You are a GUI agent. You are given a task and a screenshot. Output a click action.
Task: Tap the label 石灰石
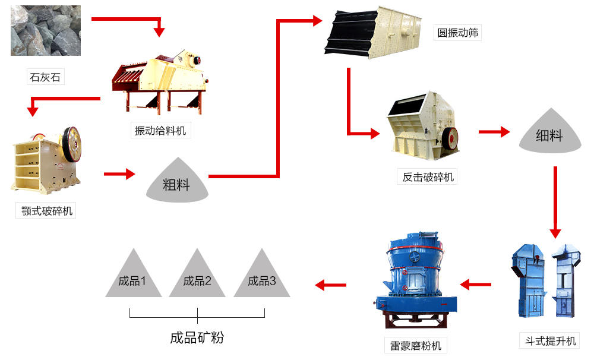[x=45, y=77]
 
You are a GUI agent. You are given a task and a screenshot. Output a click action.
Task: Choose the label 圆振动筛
[x=458, y=33]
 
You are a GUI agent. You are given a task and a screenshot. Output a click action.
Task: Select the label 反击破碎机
[x=428, y=176]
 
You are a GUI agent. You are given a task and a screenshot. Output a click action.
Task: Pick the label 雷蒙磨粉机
[x=416, y=345]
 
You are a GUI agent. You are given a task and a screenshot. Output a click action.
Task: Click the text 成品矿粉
[x=197, y=338]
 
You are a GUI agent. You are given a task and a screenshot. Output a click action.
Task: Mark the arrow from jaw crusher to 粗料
[x=119, y=174]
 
